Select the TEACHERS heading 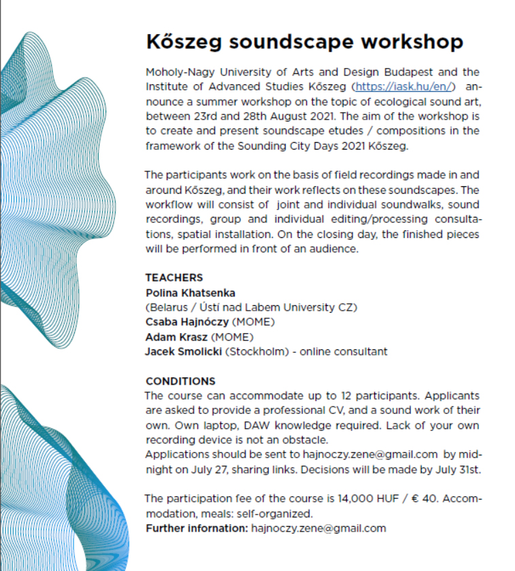point(174,277)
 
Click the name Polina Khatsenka point(190,292)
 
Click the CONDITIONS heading point(180,381)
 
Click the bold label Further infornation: point(197,528)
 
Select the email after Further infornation point(318,528)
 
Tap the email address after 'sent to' point(368,455)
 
